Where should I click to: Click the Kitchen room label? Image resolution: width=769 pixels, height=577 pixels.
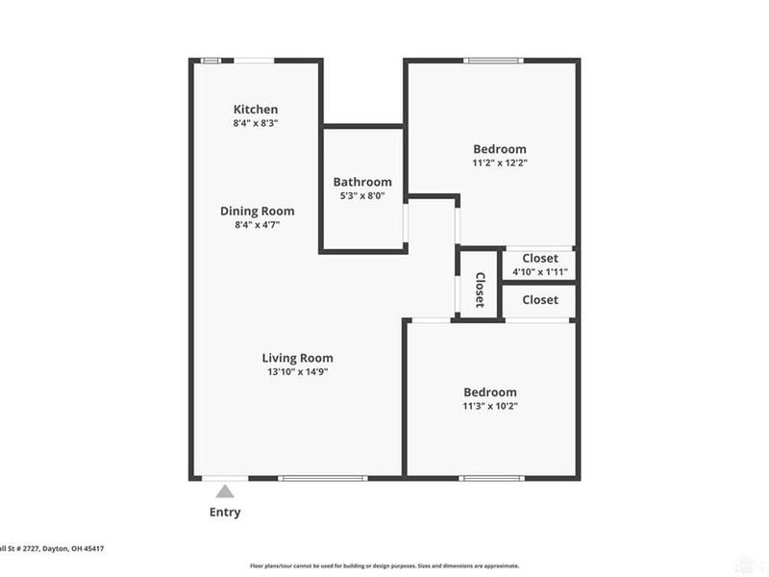[x=256, y=110]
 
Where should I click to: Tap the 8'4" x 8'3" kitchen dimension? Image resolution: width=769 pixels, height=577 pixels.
[x=256, y=124]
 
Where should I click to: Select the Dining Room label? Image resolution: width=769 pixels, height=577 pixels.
[x=257, y=211]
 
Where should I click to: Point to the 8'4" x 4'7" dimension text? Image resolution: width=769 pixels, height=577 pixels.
[x=257, y=225]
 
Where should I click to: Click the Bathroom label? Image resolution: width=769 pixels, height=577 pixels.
[x=362, y=182]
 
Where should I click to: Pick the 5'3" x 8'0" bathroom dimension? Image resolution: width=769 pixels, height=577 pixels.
[x=362, y=196]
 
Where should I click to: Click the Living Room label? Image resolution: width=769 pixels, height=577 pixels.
[x=303, y=358]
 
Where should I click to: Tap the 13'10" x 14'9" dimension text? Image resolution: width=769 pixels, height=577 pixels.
[x=303, y=372]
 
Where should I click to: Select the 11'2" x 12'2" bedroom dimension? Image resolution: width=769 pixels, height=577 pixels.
[x=500, y=163]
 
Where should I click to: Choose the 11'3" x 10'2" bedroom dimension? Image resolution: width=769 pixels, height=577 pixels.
[x=490, y=407]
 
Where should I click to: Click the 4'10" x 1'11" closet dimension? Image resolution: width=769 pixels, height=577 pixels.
[x=539, y=272]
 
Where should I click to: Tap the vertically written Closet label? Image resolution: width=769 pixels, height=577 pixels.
[x=479, y=288]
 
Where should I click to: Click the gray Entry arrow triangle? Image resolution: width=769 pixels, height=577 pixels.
[x=224, y=491]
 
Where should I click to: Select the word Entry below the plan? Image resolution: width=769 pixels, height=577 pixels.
[x=225, y=513]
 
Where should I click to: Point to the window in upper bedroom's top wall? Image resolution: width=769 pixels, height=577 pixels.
[x=494, y=61]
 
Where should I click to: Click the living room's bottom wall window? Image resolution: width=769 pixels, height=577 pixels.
[x=321, y=477]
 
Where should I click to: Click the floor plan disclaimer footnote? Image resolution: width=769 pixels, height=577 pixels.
[x=384, y=565]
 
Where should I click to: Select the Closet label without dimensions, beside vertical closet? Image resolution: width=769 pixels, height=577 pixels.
[x=539, y=300]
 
